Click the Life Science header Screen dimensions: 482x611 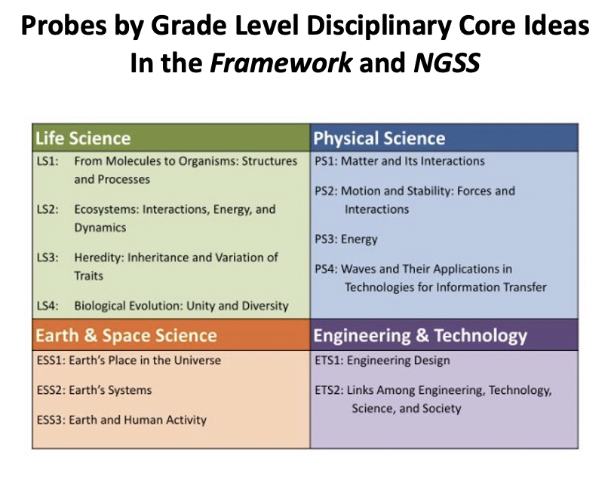83,139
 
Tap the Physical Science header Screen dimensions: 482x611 379,139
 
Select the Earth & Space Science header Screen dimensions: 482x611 126,336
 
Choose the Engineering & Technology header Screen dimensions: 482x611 420,336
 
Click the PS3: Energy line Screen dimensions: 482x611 346,239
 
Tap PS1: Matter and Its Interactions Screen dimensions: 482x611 399,161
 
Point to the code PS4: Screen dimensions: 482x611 327,269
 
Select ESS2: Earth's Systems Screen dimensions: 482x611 94,390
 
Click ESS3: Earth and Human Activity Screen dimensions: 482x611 121,419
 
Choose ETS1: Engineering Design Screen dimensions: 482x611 382,361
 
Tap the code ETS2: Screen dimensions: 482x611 330,390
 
